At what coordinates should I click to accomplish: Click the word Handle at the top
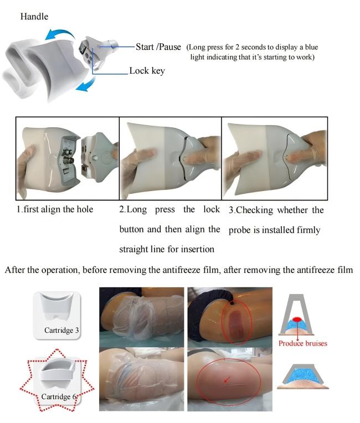[34, 17]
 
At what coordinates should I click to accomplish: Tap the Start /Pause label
[158, 47]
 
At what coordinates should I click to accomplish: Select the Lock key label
[147, 71]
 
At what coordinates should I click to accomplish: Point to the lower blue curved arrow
[86, 84]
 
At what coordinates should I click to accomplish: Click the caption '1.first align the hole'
[55, 209]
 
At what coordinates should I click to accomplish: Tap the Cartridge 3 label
[61, 330]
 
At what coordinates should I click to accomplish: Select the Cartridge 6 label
[59, 396]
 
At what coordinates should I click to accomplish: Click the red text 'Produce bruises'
[303, 343]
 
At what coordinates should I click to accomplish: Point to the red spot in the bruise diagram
[297, 319]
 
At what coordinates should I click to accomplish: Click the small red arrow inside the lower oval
[228, 380]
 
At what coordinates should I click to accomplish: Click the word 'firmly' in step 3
[308, 230]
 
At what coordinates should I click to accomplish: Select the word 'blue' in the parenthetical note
[311, 47]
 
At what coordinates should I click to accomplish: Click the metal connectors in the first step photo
[67, 157]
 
